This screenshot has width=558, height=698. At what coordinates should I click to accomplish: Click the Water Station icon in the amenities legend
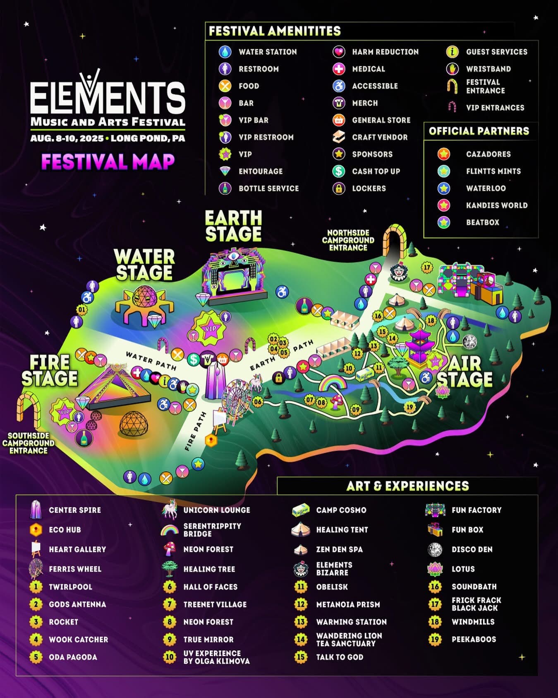tap(225, 52)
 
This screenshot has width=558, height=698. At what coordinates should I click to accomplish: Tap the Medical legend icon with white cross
tap(339, 69)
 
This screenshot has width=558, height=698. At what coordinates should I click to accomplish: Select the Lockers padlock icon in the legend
tap(339, 188)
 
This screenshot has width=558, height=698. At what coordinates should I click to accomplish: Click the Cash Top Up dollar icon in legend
tap(339, 171)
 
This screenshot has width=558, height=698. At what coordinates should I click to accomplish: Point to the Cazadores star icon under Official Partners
tap(444, 154)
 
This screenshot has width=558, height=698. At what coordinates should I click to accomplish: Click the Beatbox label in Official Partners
tap(482, 222)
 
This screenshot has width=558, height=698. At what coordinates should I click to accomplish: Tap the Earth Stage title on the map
tap(233, 226)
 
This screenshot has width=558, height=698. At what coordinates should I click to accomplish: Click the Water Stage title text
tap(144, 265)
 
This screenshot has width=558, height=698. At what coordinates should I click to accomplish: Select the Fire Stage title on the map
tap(50, 371)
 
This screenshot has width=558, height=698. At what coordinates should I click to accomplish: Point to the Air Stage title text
tap(465, 372)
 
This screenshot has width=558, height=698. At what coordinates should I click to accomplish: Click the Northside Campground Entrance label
tap(348, 240)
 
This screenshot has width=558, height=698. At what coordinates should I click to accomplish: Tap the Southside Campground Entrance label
tap(28, 443)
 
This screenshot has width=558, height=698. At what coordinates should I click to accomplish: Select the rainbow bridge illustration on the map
tap(332, 383)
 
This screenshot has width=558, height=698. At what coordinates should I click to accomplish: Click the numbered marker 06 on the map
tap(258, 401)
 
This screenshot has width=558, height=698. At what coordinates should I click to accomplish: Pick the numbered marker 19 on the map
tap(410, 407)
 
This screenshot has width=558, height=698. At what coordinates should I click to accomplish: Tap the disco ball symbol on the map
tap(469, 342)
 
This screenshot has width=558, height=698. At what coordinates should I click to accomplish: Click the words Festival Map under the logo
tap(108, 162)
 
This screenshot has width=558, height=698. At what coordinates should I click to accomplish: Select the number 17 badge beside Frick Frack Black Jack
tap(435, 604)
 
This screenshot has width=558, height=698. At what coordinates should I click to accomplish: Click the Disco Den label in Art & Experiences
tap(472, 549)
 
